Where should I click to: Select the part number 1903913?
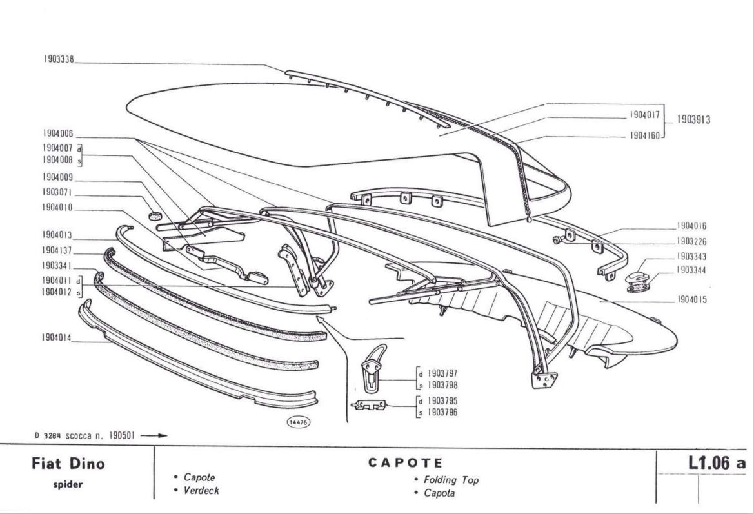[694, 119]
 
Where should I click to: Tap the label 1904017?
[644, 114]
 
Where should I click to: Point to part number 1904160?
[644, 136]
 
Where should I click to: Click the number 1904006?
[59, 133]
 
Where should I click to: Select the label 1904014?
[59, 337]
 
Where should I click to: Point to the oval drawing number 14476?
[298, 422]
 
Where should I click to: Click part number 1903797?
[443, 373]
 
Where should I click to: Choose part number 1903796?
[443, 413]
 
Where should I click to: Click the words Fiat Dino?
[68, 464]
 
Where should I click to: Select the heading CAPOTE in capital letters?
[406, 462]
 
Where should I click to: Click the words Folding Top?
[451, 480]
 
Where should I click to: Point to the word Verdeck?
[201, 491]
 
